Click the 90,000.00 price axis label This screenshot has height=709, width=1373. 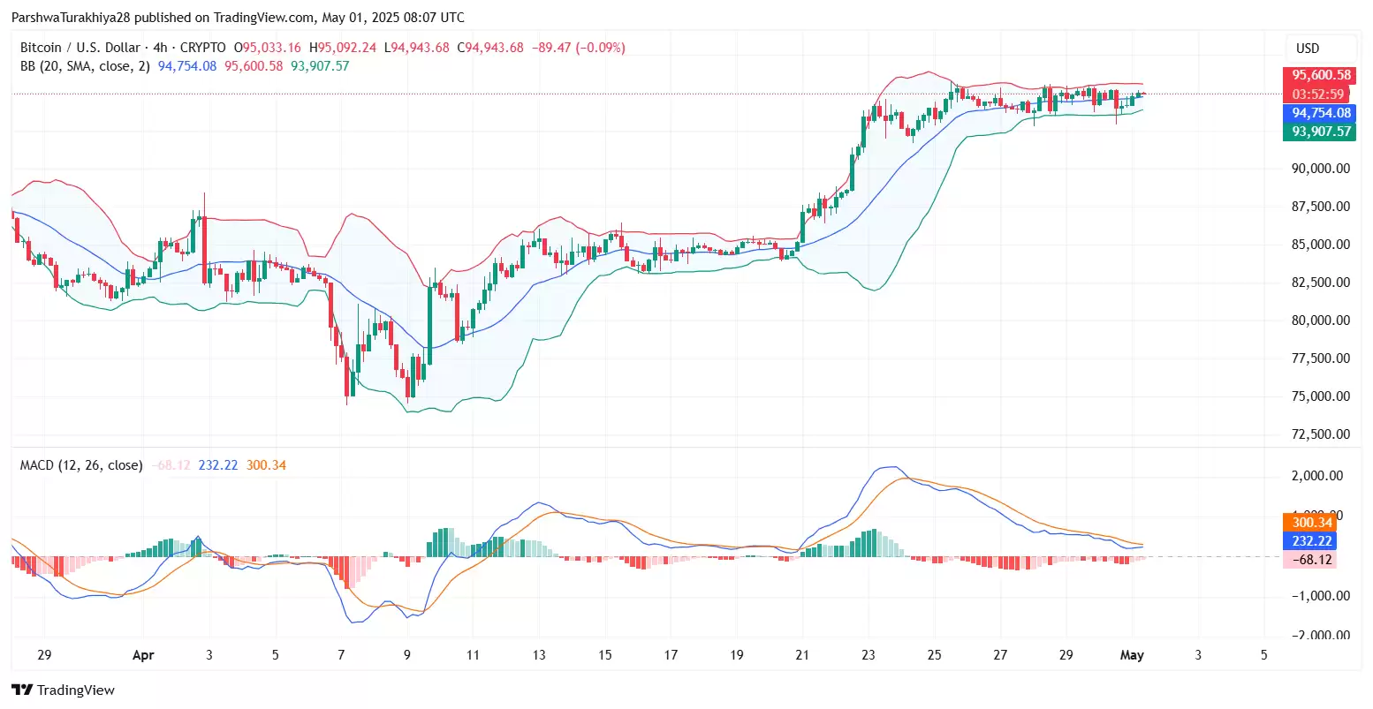pos(1321,169)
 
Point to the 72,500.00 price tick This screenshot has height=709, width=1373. pos(1321,434)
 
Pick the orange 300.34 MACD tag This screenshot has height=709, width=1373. pos(1312,523)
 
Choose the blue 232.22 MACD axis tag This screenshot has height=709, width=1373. pos(1312,541)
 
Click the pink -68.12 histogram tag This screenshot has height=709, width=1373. pos(1312,560)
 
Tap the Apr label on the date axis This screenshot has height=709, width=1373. pos(143,655)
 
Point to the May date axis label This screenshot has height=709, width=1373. pos(1132,655)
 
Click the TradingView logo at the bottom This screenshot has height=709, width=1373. pos(63,690)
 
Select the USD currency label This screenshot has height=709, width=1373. pos(1308,49)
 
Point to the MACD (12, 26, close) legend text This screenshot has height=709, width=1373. pos(81,465)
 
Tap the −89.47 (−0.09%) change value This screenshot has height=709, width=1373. pos(579,48)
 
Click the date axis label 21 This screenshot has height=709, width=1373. pos(802,655)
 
